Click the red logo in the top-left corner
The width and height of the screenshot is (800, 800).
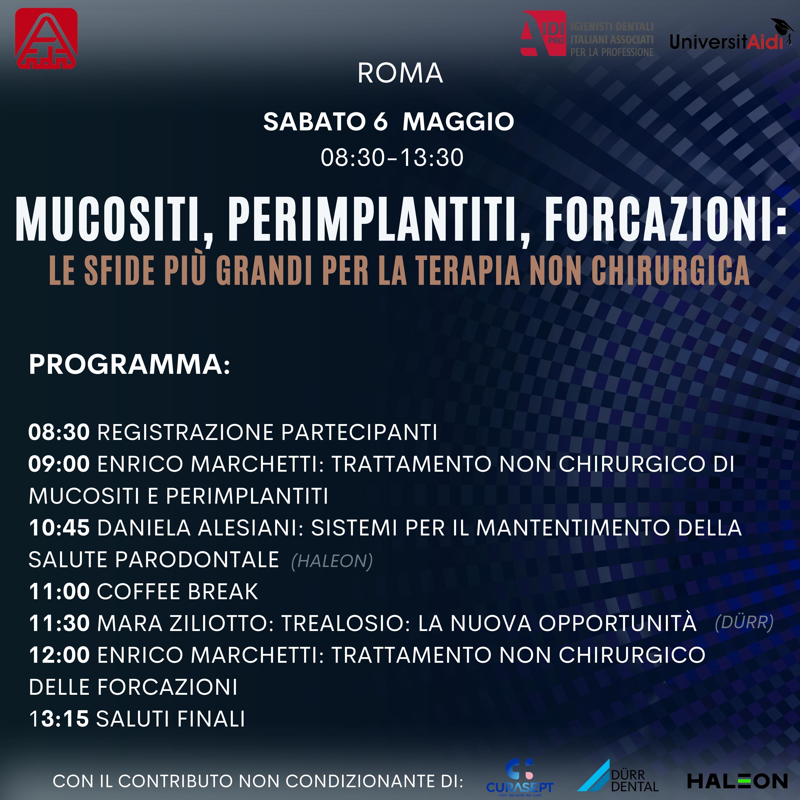click(46, 38)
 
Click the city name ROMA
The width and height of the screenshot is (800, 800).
click(400, 73)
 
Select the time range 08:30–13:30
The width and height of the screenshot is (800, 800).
click(392, 158)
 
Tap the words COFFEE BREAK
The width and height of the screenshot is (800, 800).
click(177, 591)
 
